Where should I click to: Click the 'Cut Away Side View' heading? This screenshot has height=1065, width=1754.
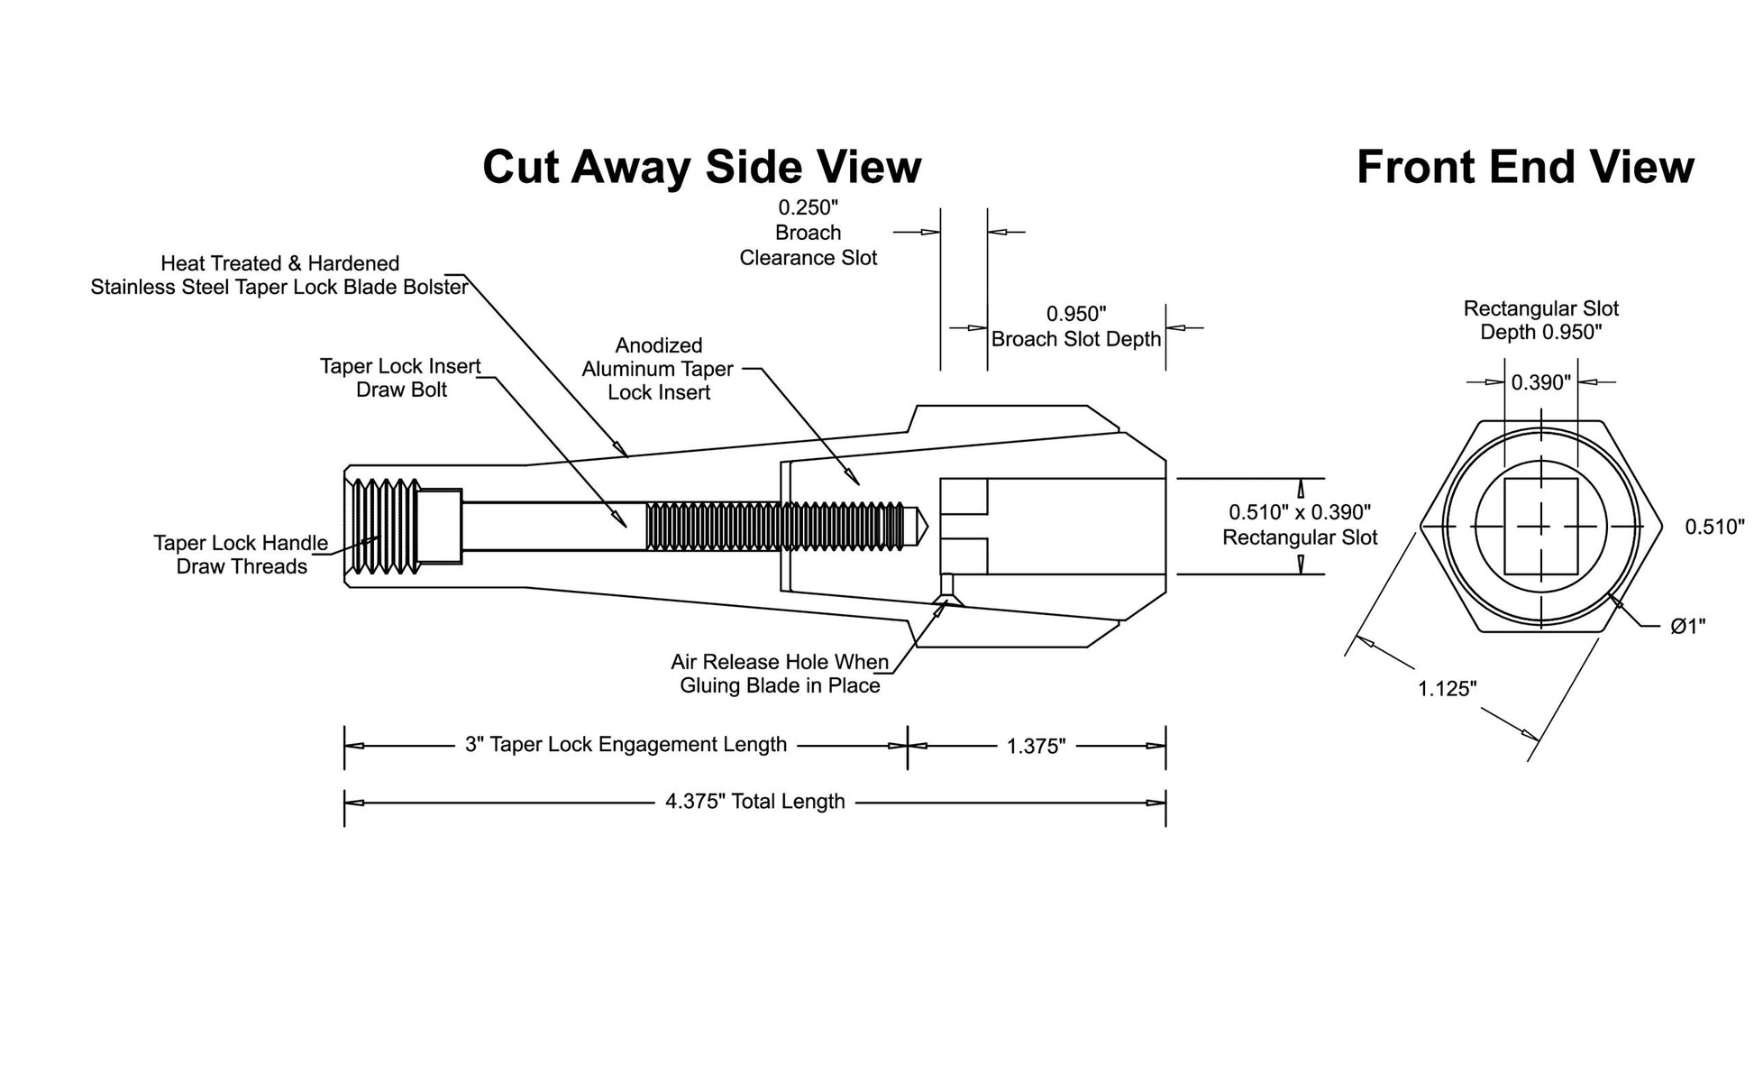coord(702,167)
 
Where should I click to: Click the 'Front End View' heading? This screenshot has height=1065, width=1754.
coord(1525,167)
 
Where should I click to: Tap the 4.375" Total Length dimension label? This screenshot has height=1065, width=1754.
coord(755,802)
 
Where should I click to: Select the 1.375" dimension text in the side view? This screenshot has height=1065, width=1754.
coord(1037,747)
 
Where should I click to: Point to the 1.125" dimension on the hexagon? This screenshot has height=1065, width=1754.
coord(1448,689)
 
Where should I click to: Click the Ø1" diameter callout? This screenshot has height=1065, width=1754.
coord(1687,626)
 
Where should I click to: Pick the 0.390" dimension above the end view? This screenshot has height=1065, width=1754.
coord(1541,382)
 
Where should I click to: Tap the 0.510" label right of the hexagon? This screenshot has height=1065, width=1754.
coord(1715,527)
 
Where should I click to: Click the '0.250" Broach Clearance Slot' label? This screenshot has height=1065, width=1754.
coord(808,233)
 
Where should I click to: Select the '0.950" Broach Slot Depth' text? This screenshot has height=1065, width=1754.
coord(1076,326)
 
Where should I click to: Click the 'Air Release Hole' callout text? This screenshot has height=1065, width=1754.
coord(780,674)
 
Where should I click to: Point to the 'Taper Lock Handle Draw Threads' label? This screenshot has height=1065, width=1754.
coord(242,555)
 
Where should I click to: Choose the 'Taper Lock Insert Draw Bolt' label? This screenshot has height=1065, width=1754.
coord(401,378)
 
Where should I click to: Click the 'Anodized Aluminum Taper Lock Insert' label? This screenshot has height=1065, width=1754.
coord(659,369)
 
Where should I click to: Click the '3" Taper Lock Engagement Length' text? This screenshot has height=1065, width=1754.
coord(626,745)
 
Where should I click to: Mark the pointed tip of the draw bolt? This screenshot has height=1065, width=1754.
coord(927,527)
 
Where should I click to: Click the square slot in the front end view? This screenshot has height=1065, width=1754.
coord(1541,527)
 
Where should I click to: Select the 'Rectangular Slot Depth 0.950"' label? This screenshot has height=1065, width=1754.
coord(1541,320)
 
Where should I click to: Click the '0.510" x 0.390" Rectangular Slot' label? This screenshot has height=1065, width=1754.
coord(1300,525)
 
